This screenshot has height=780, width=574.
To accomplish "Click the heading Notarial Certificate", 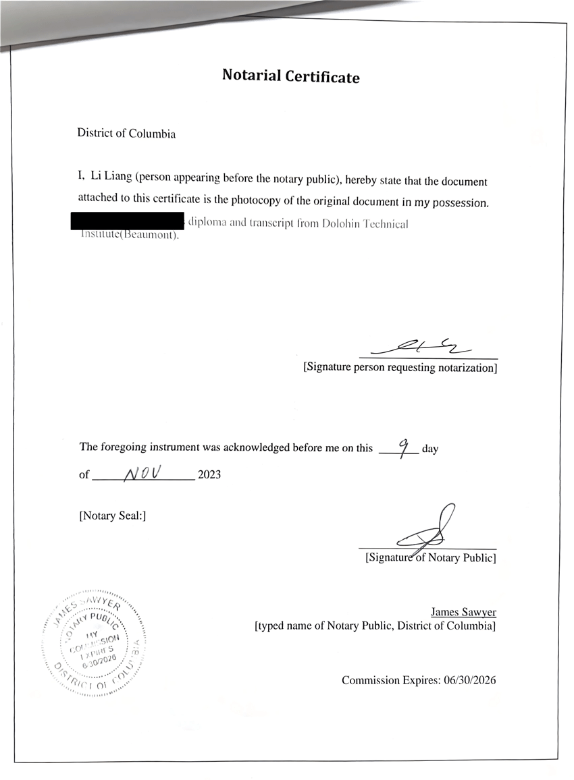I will coord(290,76).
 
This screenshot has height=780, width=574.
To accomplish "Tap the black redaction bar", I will coord(128,221).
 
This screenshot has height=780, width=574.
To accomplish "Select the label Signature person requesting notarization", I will coord(400,368).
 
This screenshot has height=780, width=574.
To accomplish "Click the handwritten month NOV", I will coord(143,473).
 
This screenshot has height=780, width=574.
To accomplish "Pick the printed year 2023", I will coord(209,475).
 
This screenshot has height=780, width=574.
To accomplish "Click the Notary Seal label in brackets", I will coord(113,516).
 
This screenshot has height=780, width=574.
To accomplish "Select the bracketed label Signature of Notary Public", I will coord(430,558).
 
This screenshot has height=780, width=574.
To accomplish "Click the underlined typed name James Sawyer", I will coord(463,613).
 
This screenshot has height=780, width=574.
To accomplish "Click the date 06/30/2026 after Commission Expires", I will coord(469,680).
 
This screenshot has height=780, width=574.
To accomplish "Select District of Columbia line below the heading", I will coord(126,134).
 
